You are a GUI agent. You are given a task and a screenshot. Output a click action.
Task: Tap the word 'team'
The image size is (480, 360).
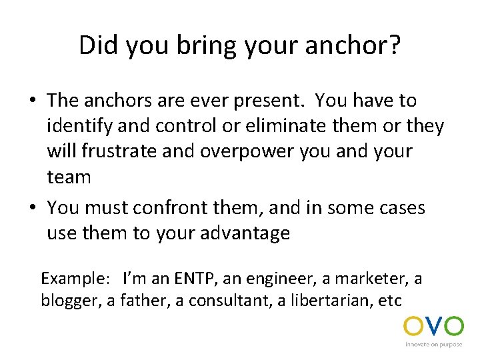pos(69,177)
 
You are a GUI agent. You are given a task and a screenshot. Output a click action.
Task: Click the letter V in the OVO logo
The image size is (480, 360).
pos(433,327)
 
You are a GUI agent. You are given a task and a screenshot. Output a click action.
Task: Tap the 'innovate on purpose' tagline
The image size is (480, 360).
pos(433,345)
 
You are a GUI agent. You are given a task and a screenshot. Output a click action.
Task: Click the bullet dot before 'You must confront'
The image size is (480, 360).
pos(32,208)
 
